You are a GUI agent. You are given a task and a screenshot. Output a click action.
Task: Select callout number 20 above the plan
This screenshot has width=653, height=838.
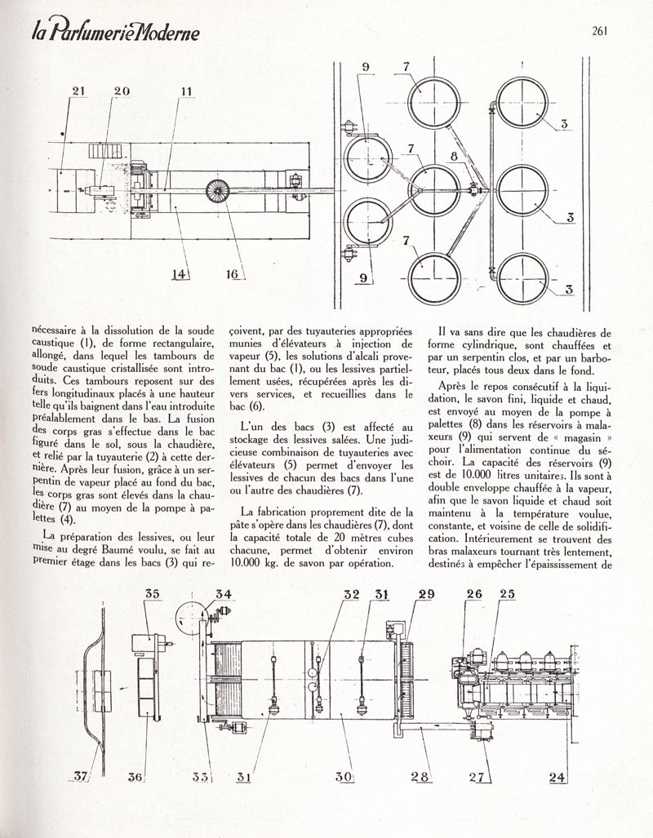(x=122, y=92)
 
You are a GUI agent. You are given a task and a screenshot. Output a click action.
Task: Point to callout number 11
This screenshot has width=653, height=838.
(x=186, y=92)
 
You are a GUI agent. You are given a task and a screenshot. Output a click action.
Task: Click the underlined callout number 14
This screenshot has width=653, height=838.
(x=180, y=275)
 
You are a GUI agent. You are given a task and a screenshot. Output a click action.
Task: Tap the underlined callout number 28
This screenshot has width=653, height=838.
(x=420, y=778)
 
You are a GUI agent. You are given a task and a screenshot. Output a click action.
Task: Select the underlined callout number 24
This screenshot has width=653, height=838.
(x=557, y=778)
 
